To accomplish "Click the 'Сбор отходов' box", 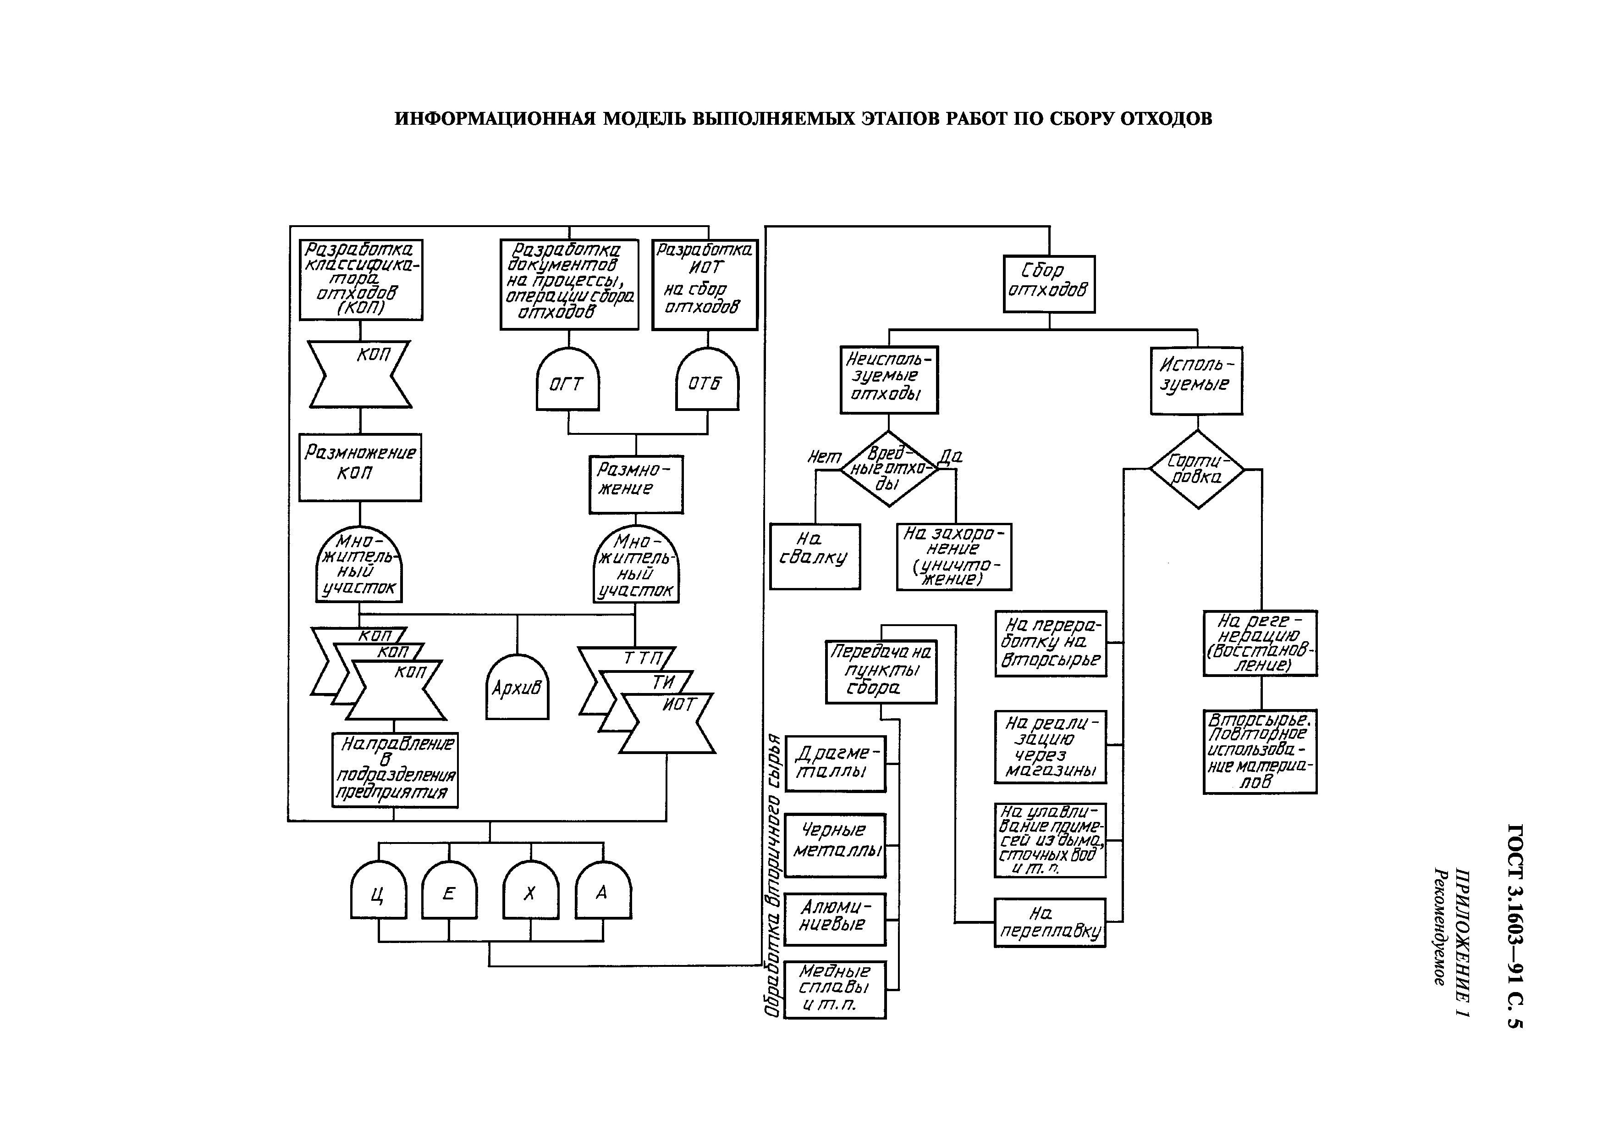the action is [1049, 284].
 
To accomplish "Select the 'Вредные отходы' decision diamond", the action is [888, 469].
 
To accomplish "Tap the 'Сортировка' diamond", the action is [1197, 469].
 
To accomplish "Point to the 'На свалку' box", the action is [815, 556].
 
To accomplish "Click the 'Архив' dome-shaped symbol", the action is [518, 687].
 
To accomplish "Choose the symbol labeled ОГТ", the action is [568, 379].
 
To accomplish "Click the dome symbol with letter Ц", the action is [378, 890].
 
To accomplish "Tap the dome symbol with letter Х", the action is [530, 890].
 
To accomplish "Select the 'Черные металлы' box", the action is [835, 845].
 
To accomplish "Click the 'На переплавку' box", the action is [1050, 923].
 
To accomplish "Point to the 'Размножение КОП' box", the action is [360, 467].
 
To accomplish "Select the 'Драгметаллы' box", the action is [835, 764].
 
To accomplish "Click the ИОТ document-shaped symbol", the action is [667, 723].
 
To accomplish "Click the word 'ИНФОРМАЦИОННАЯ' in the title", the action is [495, 118].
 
